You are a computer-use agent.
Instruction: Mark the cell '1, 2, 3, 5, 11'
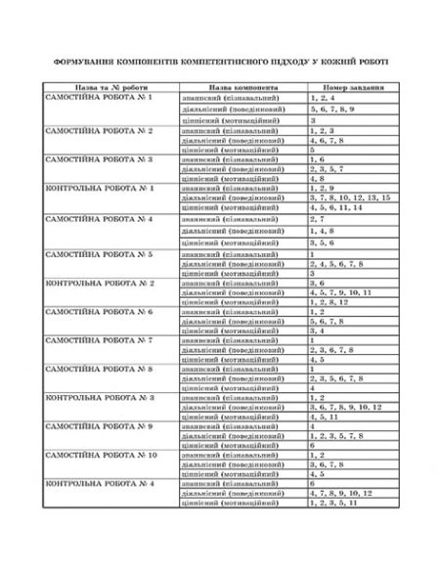click(333, 504)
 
